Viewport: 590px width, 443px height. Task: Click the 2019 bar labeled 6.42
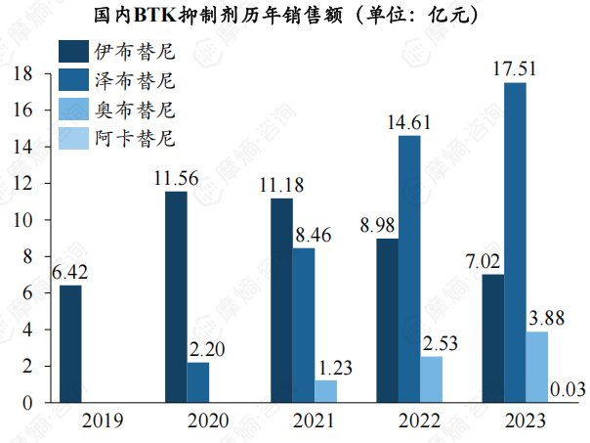coord(70,343)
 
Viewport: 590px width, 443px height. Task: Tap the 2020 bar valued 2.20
coord(198,382)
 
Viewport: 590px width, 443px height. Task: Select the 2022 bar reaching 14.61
coord(409,269)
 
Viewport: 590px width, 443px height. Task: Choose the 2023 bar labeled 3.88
coord(537,367)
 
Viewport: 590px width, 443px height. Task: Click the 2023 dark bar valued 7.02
coord(492,338)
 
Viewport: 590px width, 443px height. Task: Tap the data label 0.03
coord(568,390)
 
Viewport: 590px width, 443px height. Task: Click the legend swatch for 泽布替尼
coord(74,79)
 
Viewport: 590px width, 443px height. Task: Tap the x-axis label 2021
coord(312,421)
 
